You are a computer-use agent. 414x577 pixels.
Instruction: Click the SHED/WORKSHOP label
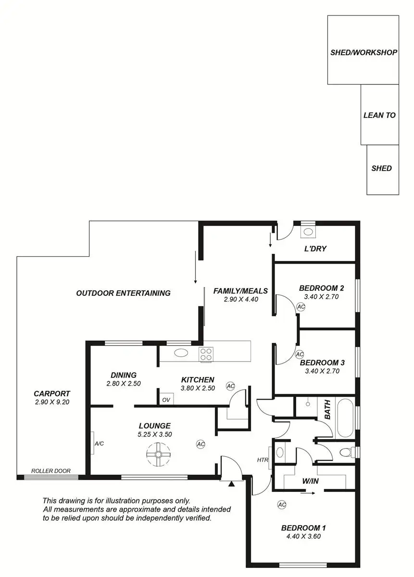pos(364,52)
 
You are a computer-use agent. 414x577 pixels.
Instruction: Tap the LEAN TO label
pos(379,115)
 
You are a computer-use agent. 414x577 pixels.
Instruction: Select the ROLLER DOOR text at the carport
pos(48,471)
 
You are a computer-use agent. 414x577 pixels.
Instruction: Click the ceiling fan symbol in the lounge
pos(158,454)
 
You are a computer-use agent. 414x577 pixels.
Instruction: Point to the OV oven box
pos(166,400)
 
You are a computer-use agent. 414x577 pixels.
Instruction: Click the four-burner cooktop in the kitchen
pos(206,354)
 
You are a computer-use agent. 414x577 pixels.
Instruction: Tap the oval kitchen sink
pos(181,353)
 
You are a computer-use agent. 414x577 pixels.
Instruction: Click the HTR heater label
pos(263,460)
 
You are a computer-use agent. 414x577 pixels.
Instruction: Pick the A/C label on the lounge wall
pos(99,443)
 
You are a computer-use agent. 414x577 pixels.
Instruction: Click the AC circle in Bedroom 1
pos(282,504)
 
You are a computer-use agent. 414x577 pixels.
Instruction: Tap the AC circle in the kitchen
pos(230,386)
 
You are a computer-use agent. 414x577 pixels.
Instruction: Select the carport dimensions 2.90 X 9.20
pos(52,402)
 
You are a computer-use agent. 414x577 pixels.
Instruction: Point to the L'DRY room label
pos(315,249)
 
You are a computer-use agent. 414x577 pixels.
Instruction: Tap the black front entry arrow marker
pos(231,484)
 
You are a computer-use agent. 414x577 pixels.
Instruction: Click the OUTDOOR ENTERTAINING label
pos(123,293)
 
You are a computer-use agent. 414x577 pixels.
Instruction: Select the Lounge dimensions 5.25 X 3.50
pos(154,434)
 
